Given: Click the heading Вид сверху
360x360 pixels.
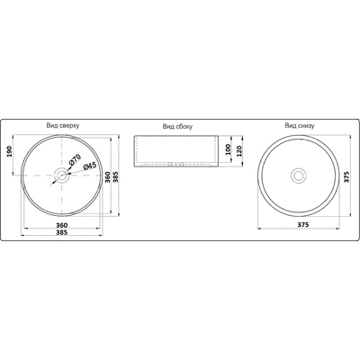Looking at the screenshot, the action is click(63, 125).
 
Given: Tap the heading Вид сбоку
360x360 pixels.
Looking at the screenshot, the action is click(177, 126).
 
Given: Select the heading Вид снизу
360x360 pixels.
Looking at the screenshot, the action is click(300, 126).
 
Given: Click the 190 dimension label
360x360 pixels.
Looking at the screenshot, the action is click(9, 152).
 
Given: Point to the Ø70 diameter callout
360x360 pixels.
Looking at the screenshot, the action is click(75, 158).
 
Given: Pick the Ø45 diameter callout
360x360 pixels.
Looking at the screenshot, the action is click(90, 166).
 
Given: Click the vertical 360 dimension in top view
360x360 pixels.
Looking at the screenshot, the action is click(107, 177).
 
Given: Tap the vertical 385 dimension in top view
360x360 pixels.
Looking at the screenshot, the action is click(116, 177).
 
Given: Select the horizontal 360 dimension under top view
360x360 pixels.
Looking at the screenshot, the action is click(62, 225).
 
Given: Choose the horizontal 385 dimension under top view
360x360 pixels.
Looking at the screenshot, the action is click(62, 232).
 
